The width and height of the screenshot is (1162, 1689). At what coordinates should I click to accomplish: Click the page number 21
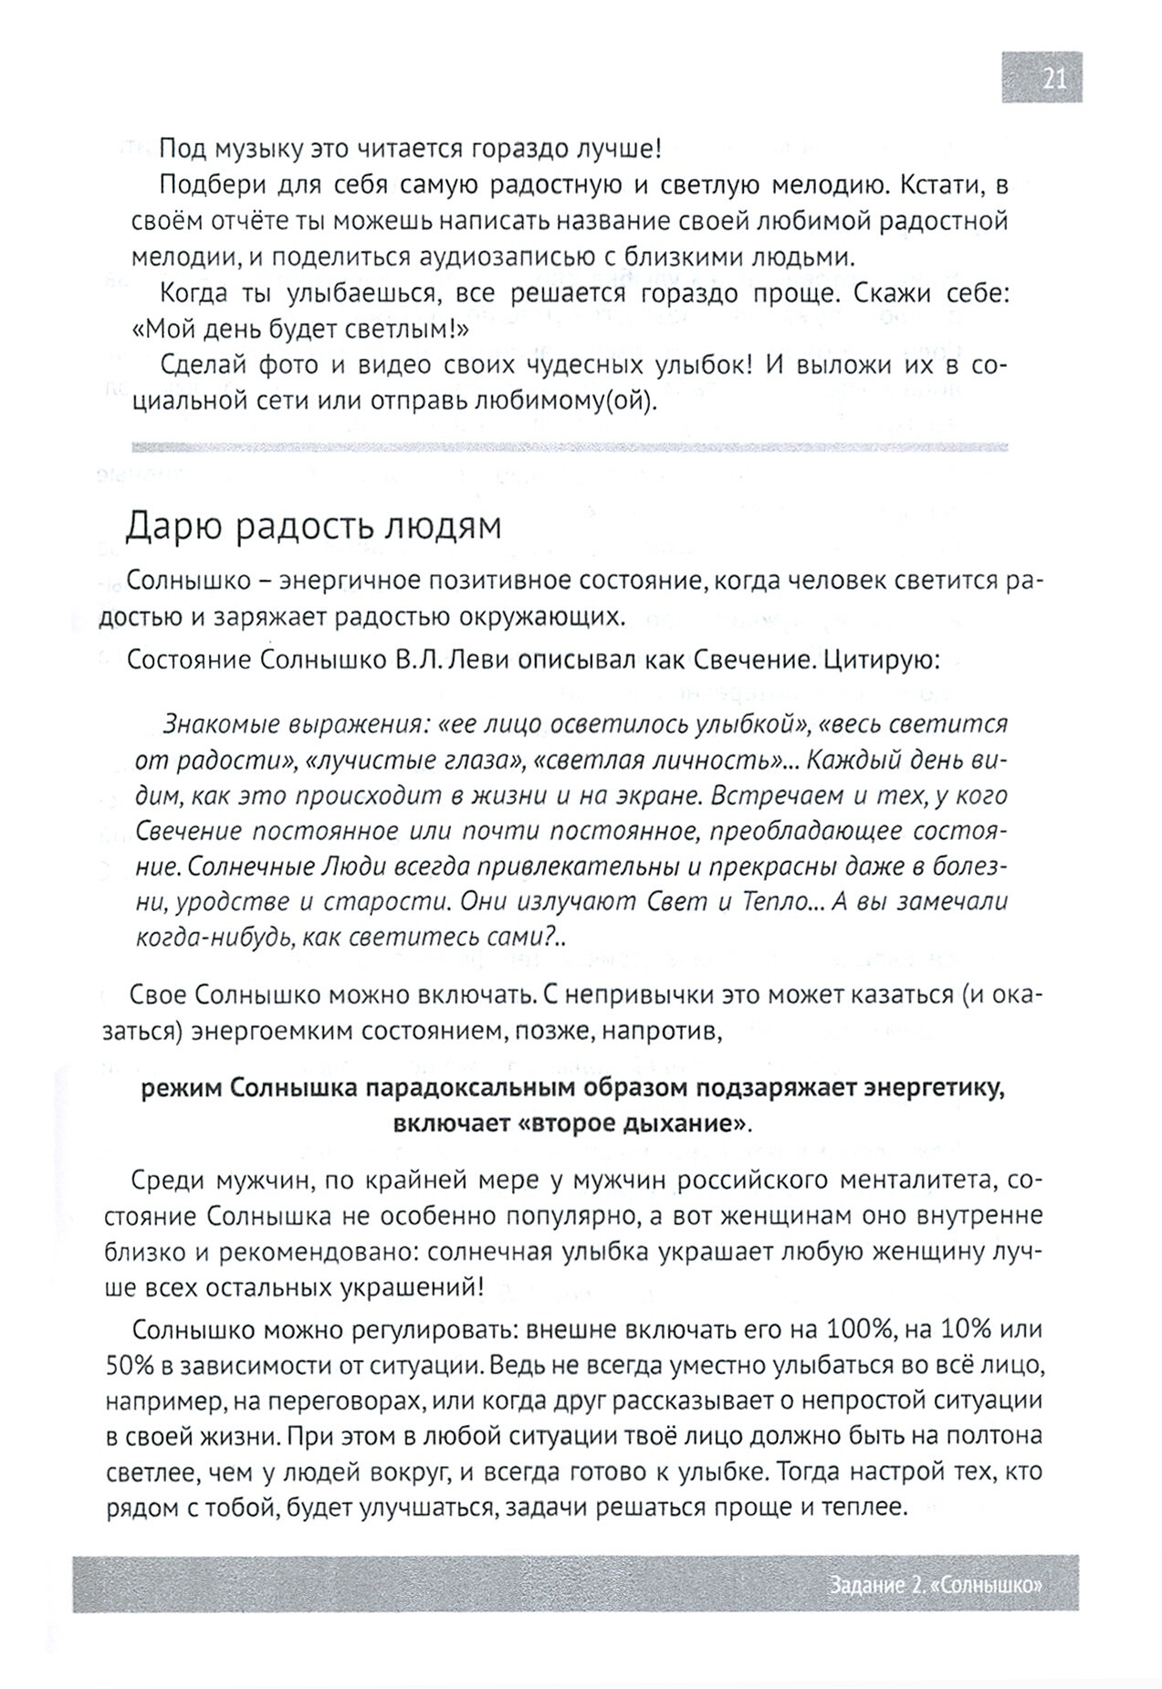click(x=1053, y=79)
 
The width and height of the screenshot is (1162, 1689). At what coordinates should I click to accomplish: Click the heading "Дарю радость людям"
click(x=313, y=527)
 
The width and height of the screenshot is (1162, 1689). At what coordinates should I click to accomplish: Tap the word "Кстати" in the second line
click(x=940, y=186)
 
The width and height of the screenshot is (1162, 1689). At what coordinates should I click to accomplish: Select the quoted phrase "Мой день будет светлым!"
click(x=301, y=329)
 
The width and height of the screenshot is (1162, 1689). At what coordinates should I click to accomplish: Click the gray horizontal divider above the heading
click(x=570, y=447)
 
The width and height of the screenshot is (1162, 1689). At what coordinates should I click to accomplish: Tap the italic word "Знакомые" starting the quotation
click(x=222, y=724)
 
